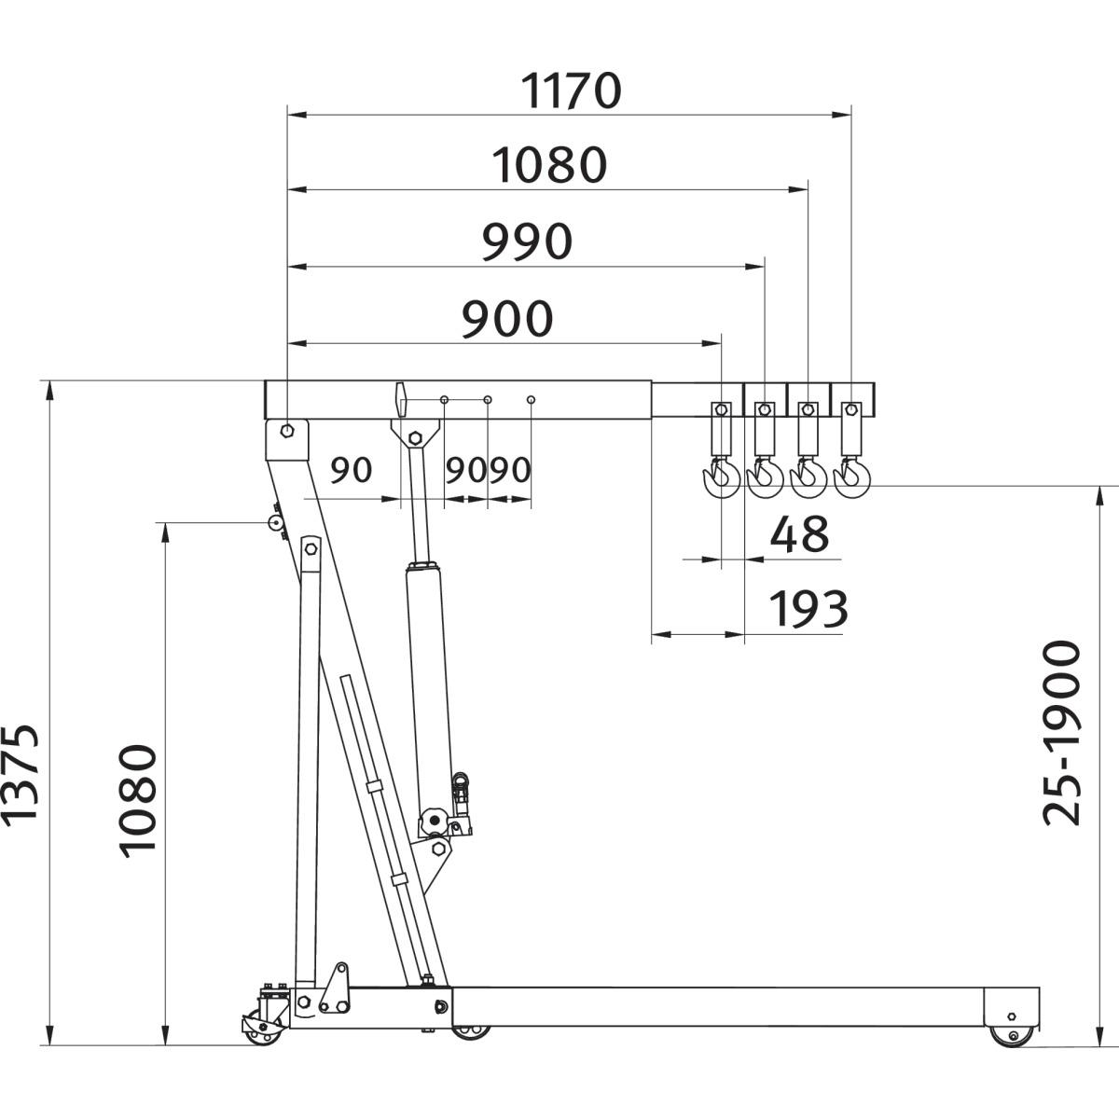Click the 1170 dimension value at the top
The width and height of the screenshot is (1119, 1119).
tap(571, 91)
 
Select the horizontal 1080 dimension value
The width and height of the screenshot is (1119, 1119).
tap(550, 166)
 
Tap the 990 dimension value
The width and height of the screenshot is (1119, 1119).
tap(528, 242)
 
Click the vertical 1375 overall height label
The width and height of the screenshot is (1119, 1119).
tap(21, 774)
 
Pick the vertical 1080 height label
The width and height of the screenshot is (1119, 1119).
tap(138, 799)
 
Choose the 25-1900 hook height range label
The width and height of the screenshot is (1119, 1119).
tap(1063, 733)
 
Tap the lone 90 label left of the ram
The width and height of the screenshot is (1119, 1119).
tap(352, 470)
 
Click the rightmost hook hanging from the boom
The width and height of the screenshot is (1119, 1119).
tap(851, 478)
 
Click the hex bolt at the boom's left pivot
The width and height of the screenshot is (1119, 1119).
tap(287, 431)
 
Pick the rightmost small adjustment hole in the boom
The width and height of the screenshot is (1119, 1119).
tap(531, 400)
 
